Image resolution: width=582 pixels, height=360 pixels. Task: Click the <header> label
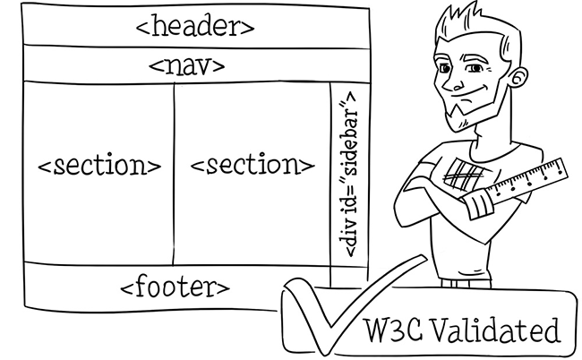coord(194,26)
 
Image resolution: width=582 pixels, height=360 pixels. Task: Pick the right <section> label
coord(252,166)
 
